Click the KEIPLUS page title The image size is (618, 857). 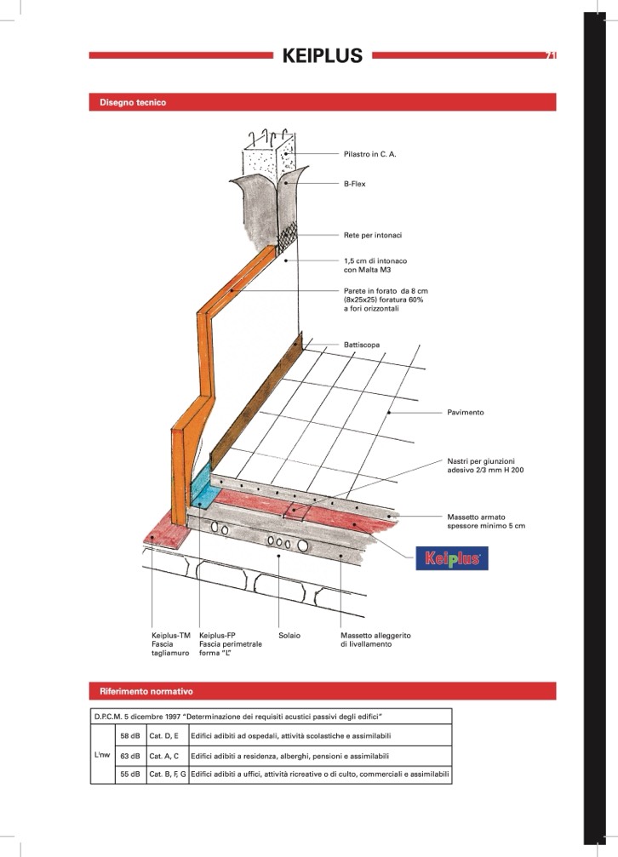[x=322, y=55]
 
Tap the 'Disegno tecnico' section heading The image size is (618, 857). [x=133, y=102]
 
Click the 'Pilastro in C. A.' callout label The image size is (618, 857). [x=369, y=154]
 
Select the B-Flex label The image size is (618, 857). [x=354, y=184]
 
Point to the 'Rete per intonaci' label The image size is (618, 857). [x=373, y=235]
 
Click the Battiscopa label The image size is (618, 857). [x=362, y=345]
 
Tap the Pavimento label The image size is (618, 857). [x=466, y=412]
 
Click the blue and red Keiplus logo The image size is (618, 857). [x=452, y=558]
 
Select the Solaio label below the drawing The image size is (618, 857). [x=289, y=635]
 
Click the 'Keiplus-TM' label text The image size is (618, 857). [x=170, y=635]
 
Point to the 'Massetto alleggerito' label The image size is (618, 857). [x=375, y=635]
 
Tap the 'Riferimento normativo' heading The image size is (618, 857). [x=146, y=691]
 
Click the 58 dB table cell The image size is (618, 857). [x=131, y=735]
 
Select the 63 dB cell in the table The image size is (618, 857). [x=131, y=756]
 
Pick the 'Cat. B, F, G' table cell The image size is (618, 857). [x=168, y=774]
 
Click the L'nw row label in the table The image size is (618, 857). [x=102, y=755]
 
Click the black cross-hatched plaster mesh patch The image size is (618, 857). [x=287, y=237]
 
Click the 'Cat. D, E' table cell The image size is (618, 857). [x=168, y=735]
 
